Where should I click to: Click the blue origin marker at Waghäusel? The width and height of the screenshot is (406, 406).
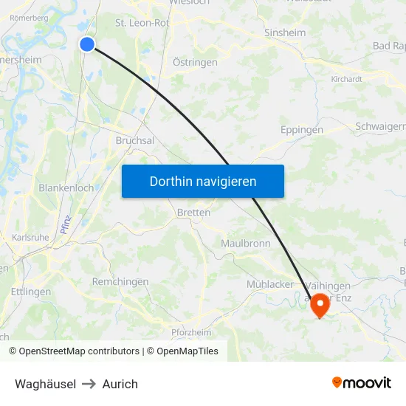87,44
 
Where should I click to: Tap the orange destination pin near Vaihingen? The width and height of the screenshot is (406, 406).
320,304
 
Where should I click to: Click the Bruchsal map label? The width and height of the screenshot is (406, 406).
135,140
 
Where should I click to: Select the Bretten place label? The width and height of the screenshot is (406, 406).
194,213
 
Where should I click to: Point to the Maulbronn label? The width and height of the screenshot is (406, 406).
246,243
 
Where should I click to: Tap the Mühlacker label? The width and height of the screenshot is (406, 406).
269,284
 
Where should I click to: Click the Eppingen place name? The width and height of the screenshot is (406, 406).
302,130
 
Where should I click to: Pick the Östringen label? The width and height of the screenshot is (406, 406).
195,63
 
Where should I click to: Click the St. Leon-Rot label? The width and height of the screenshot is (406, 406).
142,23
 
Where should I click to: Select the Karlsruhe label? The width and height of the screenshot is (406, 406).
30,237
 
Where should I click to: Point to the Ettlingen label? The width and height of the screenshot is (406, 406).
31,292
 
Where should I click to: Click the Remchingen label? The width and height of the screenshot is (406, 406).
120,282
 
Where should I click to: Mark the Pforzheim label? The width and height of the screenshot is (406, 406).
190,332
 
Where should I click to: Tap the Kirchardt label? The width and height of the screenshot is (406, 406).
347,78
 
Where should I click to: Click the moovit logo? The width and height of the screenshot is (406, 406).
362,382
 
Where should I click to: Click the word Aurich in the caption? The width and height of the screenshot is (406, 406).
120,384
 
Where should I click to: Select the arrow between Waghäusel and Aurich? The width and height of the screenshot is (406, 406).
89,384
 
